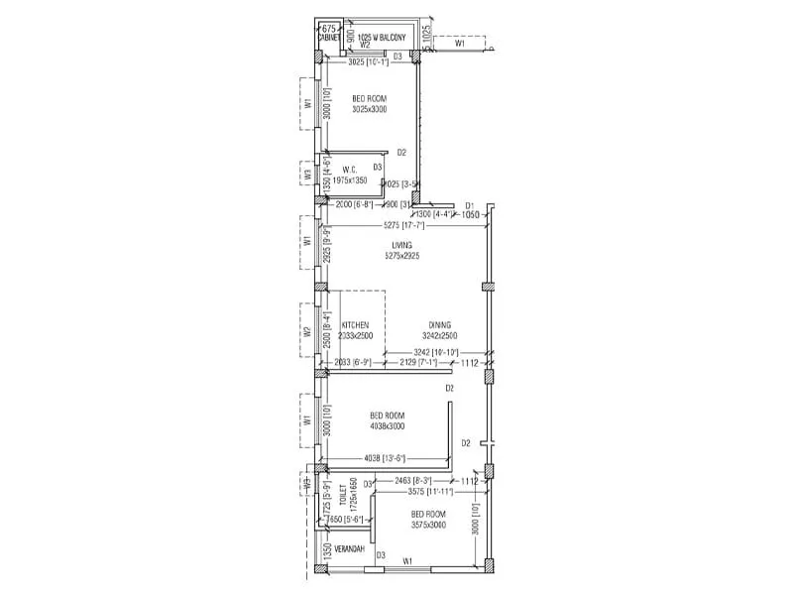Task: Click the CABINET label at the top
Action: point(328,39)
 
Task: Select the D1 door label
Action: point(470,206)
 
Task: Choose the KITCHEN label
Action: point(355,325)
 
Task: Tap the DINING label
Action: point(440,325)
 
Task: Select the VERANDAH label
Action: point(348,549)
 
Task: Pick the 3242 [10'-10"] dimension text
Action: point(435,353)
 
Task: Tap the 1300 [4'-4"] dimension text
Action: point(433,214)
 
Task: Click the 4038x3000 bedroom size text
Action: point(388,426)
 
